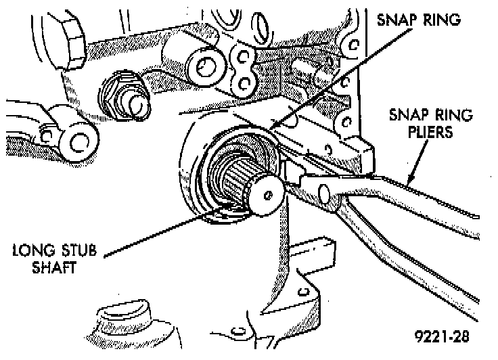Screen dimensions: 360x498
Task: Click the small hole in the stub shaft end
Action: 269,195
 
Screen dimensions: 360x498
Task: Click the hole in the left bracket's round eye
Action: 76,141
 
